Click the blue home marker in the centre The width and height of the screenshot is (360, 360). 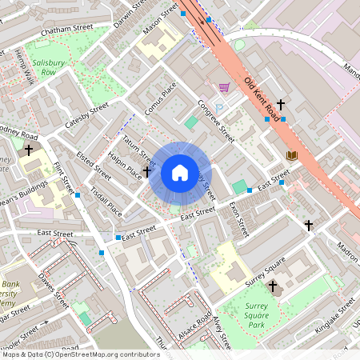click(x=180, y=173)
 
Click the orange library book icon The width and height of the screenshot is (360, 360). click(x=291, y=154)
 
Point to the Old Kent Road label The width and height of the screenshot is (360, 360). click(x=264, y=94)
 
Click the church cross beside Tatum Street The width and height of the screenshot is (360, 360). click(x=147, y=171)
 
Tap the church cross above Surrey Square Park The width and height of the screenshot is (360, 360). click(x=272, y=286)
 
